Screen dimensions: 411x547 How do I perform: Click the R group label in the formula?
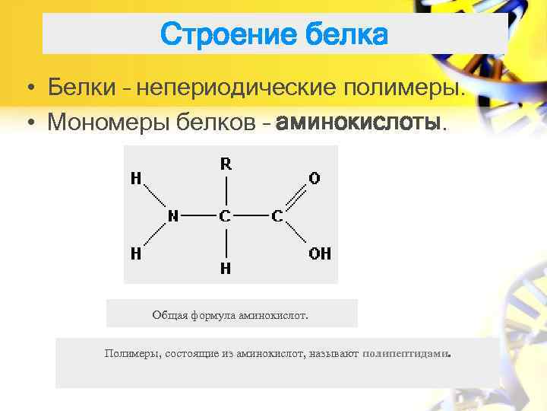(226, 163)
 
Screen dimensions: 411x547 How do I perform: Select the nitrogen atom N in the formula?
(172, 216)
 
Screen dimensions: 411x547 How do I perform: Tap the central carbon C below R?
(225, 216)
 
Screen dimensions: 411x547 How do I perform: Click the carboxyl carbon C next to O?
(277, 216)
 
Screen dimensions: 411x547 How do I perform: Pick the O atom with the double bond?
(315, 178)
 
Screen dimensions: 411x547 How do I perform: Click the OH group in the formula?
(319, 253)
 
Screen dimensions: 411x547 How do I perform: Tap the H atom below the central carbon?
(226, 268)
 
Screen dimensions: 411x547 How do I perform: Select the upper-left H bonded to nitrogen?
(136, 179)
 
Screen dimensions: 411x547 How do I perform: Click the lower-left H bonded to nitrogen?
(136, 253)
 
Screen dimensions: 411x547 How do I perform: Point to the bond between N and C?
(199, 216)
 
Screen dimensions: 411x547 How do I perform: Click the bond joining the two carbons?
(251, 216)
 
